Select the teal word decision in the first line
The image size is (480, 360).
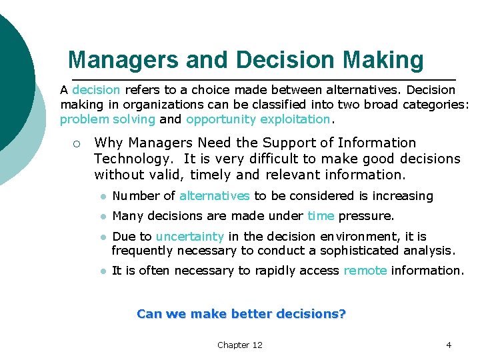point(96,89)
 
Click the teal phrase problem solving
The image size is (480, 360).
point(107,119)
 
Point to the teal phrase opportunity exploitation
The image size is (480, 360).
point(258,119)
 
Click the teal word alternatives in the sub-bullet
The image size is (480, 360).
point(214,196)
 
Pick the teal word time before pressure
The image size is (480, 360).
point(321,216)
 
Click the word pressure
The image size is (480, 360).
point(366,216)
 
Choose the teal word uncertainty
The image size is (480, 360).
point(190,237)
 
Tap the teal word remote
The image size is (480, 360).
point(365,271)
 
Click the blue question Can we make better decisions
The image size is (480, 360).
point(241,313)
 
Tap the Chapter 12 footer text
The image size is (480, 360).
point(239,345)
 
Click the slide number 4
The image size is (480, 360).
point(448,345)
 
